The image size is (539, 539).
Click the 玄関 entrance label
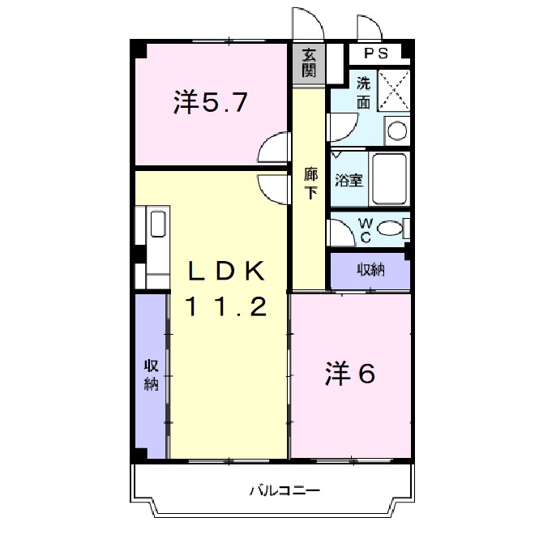(310, 63)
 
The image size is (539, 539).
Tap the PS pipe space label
(375, 54)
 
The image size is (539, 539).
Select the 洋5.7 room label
(209, 103)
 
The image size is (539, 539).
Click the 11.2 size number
(227, 307)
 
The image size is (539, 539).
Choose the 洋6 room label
(351, 374)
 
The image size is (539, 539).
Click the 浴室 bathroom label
(349, 180)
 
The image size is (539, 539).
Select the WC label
(365, 229)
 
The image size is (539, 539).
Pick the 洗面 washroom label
(364, 92)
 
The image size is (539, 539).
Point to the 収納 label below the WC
(371, 270)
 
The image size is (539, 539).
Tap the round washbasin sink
(396, 130)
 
